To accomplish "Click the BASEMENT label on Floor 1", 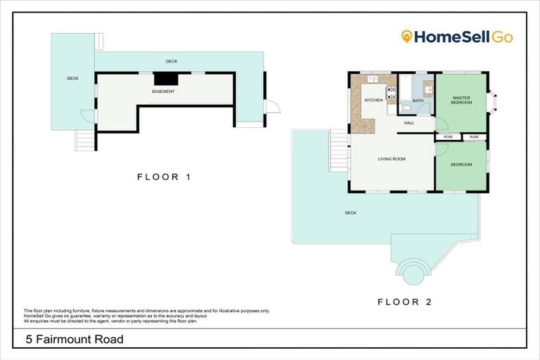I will click(163, 91).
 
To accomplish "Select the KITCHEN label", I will click(374, 101).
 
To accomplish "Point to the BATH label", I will click(418, 101).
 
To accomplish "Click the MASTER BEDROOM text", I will click(461, 101).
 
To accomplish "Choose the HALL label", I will click(409, 123).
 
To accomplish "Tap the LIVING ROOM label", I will click(392, 159).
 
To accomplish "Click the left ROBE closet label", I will click(449, 136).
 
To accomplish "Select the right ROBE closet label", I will click(474, 136).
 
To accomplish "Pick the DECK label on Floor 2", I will click(350, 212).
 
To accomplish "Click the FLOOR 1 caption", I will click(163, 177).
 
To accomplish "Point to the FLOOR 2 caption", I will click(404, 302).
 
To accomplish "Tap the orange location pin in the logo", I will click(406, 37).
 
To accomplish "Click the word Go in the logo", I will click(502, 37).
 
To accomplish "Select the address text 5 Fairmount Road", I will click(75, 340).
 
